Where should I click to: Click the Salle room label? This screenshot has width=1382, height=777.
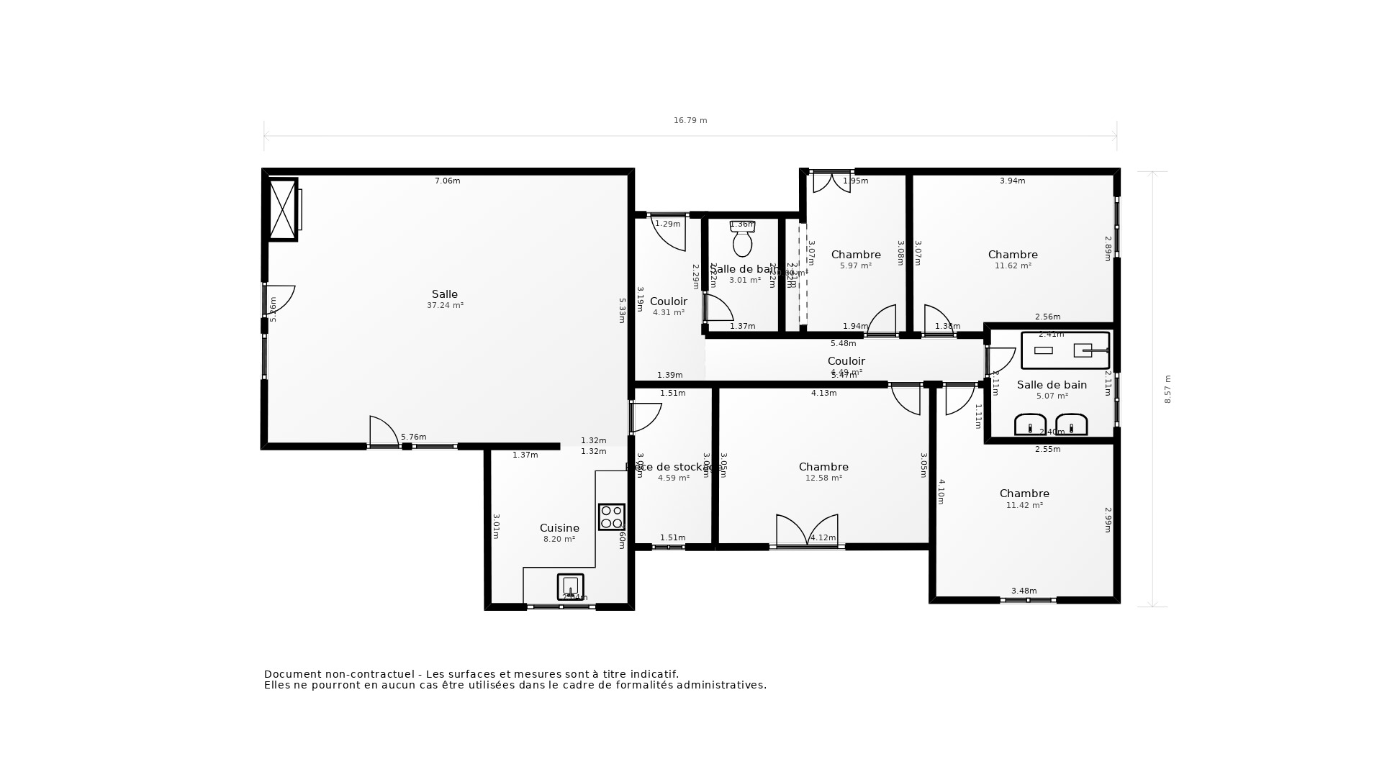pyautogui.click(x=444, y=294)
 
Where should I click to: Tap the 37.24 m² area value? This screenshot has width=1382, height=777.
pyautogui.click(x=445, y=306)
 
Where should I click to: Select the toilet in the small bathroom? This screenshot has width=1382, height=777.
pyautogui.click(x=742, y=240)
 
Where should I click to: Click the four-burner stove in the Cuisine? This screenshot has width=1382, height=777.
pyautogui.click(x=612, y=517)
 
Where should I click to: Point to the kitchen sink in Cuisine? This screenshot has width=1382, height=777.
pyautogui.click(x=570, y=586)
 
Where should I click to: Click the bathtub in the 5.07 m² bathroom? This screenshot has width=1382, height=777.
pyautogui.click(x=1065, y=350)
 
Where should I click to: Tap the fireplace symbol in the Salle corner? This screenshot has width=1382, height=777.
pyautogui.click(x=283, y=209)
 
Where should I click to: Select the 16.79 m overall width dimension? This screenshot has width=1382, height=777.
pyautogui.click(x=690, y=121)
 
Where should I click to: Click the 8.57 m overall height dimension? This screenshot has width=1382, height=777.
pyautogui.click(x=1168, y=389)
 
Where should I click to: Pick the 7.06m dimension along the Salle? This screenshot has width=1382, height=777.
pyautogui.click(x=447, y=181)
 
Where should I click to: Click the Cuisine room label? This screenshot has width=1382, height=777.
pyautogui.click(x=559, y=528)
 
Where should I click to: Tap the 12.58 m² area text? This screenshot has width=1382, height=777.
pyautogui.click(x=823, y=478)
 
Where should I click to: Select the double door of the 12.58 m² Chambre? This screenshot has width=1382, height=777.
pyautogui.click(x=807, y=531)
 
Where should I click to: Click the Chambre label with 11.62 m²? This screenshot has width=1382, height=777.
pyautogui.click(x=1012, y=255)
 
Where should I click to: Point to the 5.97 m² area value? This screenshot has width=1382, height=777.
pyautogui.click(x=855, y=266)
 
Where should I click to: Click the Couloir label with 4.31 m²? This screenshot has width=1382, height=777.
pyautogui.click(x=668, y=301)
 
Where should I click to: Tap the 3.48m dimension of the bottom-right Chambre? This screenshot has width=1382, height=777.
pyautogui.click(x=1024, y=591)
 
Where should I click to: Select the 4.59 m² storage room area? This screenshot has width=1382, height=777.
pyautogui.click(x=673, y=478)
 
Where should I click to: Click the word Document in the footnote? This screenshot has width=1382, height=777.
pyautogui.click(x=292, y=674)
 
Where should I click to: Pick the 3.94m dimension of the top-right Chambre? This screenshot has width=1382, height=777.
pyautogui.click(x=1012, y=181)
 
